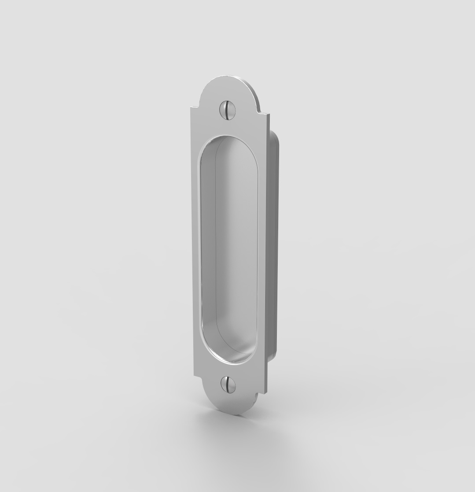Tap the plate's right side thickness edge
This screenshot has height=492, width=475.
click(268, 247)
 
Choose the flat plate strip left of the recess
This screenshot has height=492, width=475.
click(196, 247)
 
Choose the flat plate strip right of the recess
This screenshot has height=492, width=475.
click(261, 247)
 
